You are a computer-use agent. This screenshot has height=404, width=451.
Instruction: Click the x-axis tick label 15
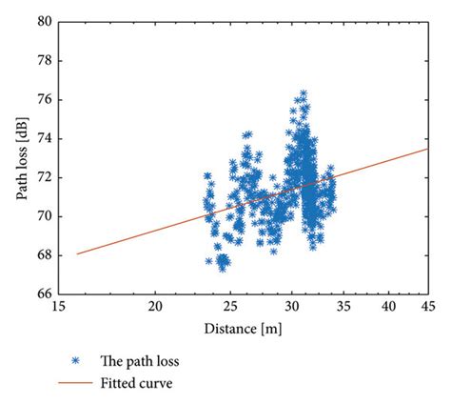coord(58,307)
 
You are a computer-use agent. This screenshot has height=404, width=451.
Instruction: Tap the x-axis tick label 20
coord(156,307)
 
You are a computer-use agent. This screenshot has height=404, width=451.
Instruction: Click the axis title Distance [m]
coord(243,329)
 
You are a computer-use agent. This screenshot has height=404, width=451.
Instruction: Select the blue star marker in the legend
coord(76,362)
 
